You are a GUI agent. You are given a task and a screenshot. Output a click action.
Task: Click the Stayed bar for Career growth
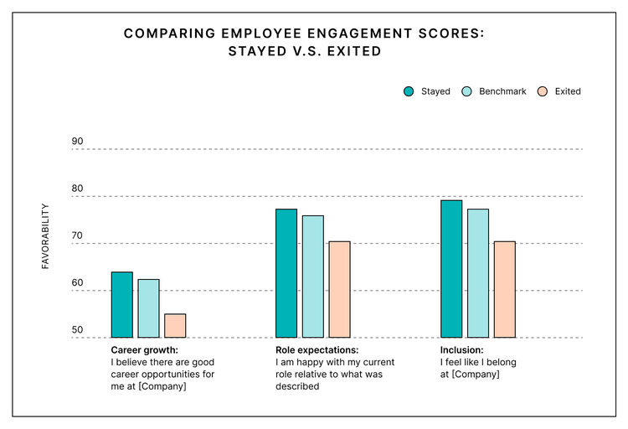122,305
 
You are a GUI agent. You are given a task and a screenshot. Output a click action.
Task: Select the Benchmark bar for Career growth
148,308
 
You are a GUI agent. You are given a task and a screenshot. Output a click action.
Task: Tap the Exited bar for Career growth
175,326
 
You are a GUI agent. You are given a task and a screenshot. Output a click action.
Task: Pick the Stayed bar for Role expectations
286,273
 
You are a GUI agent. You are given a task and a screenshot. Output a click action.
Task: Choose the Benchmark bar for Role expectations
313,277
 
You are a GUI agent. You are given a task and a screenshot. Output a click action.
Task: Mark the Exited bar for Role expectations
339,289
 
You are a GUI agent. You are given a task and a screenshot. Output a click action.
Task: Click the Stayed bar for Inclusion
451,269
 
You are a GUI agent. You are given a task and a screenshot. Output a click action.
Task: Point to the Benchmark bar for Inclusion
478,273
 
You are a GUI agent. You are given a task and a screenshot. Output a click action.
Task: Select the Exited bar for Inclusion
504,289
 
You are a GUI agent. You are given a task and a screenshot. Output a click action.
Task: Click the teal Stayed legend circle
409,91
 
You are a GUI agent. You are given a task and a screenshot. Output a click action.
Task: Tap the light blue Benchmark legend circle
468,91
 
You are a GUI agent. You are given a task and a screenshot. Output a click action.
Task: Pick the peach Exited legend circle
542,91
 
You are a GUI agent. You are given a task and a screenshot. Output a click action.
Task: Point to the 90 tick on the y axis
78,142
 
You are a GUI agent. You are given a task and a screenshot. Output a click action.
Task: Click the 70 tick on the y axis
78,236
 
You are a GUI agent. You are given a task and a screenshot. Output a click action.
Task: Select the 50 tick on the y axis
78,330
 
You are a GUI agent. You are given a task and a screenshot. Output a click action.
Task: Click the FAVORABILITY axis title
46,235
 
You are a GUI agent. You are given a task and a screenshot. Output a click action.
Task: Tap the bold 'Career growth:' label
145,350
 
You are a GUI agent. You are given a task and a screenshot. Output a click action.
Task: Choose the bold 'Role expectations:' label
317,350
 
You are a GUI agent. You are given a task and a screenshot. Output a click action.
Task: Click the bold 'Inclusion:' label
462,350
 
